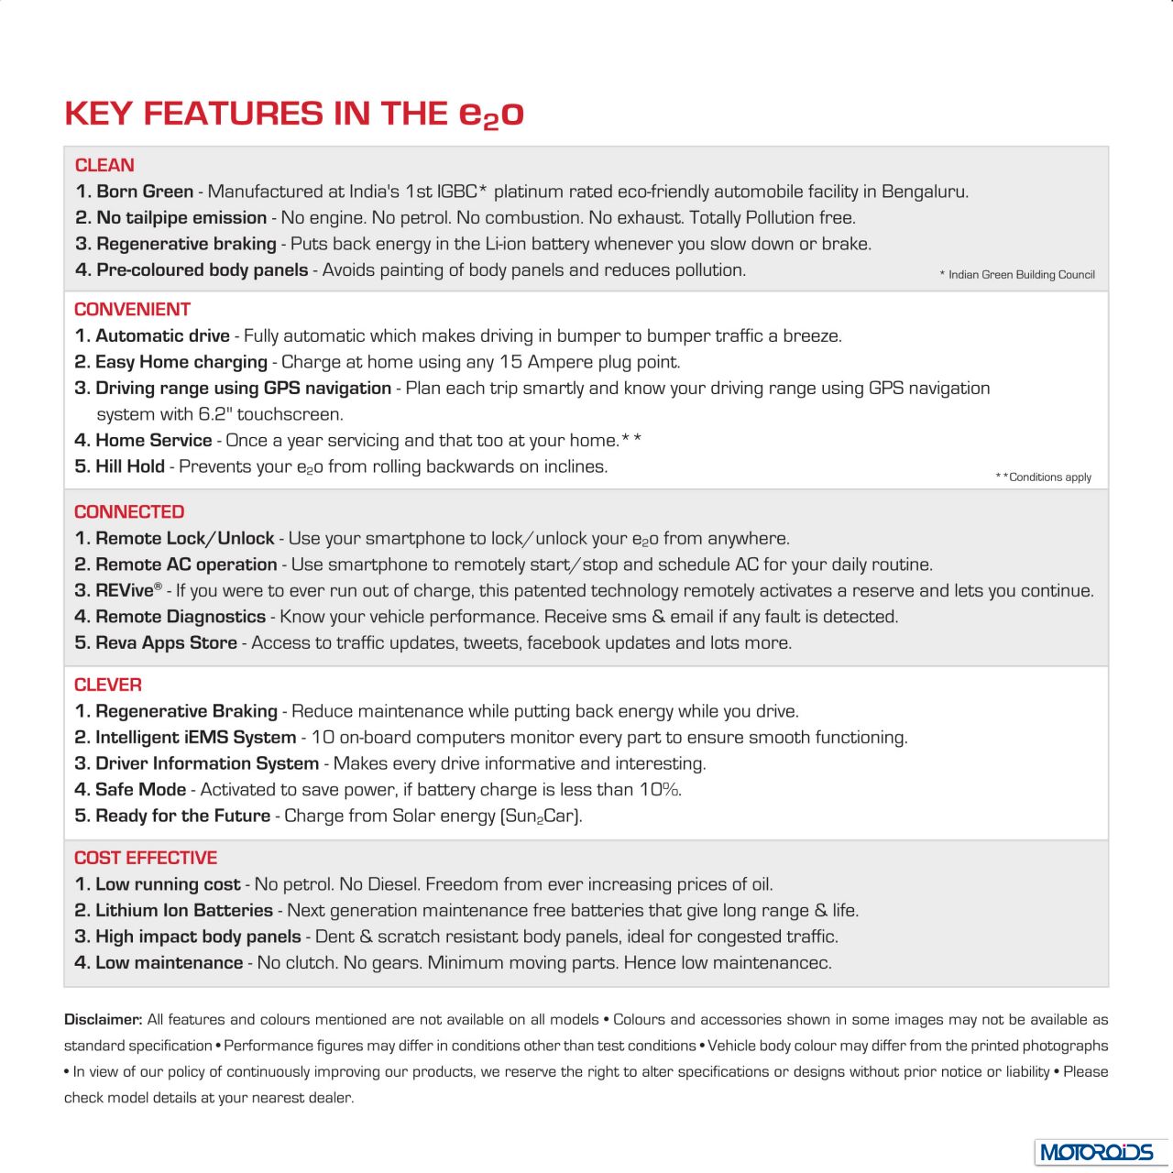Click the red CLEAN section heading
(x=104, y=165)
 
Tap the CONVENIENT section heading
(x=132, y=309)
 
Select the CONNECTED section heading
(x=129, y=511)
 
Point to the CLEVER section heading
(x=108, y=685)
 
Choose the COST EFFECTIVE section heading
(x=146, y=858)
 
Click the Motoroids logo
(x=1095, y=1151)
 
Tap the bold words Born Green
(x=145, y=192)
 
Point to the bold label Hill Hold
(x=130, y=466)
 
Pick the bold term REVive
(x=125, y=591)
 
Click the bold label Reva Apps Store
(x=166, y=643)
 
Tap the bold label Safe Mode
(x=140, y=790)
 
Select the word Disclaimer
(x=103, y=1019)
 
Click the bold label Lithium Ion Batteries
(x=183, y=911)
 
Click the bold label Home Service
(x=153, y=441)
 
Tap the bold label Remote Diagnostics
(x=181, y=617)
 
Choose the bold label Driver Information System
(x=207, y=763)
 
